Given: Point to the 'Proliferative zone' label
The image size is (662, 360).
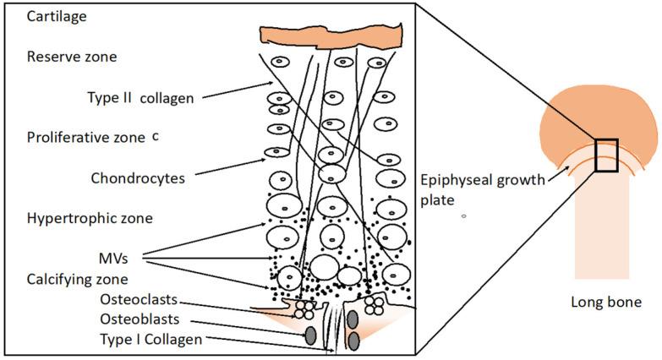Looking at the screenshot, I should pos(86,137).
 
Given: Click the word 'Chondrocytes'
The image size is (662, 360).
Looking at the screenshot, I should pos(137,178).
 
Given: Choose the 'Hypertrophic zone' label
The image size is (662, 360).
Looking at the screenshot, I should pos(89,218).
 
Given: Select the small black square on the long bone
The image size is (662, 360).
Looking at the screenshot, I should pos(606,155).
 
